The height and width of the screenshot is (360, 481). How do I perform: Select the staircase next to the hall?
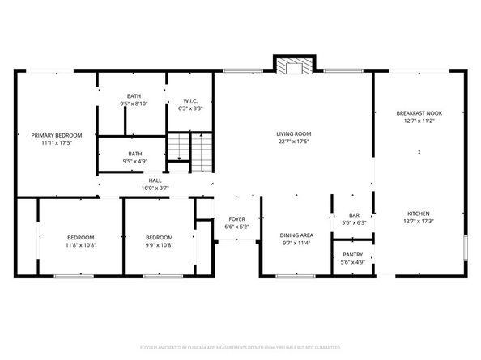click(188, 152)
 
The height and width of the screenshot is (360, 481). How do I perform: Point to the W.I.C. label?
click(189, 97)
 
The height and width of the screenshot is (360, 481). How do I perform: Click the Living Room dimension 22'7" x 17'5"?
click(294, 142)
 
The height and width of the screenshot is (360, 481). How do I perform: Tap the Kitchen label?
click(418, 213)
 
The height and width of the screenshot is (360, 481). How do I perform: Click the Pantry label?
click(353, 255)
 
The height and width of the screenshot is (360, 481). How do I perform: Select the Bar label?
click(353, 215)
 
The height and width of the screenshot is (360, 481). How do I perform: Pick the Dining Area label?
click(296, 235)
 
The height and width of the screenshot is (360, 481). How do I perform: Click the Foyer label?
click(236, 219)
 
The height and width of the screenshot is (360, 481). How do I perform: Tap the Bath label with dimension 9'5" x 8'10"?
click(133, 97)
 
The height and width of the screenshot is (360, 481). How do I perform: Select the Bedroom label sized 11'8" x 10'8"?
click(80, 237)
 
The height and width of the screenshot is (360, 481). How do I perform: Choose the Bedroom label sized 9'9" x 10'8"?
click(160, 237)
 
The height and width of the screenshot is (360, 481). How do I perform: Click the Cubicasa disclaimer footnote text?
click(240, 346)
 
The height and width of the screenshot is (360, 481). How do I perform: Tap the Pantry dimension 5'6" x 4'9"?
click(353, 262)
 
